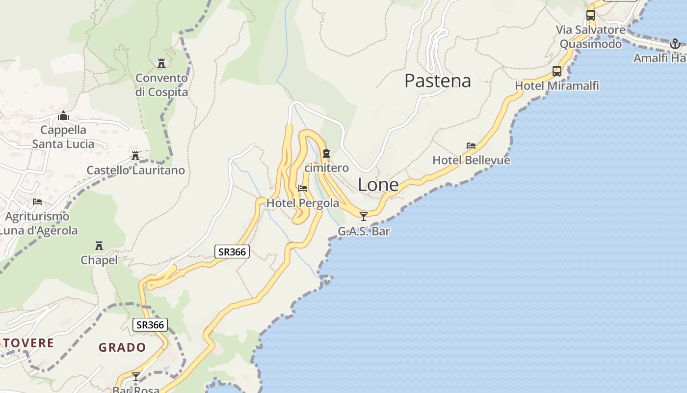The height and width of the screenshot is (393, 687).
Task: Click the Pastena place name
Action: pyautogui.click(x=437, y=81)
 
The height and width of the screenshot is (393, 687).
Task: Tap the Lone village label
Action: pyautogui.click(x=378, y=185)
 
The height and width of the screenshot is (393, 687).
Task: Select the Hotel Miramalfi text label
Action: pyautogui.click(x=556, y=86)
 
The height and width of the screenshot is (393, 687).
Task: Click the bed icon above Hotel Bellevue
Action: pyautogui.click(x=471, y=146)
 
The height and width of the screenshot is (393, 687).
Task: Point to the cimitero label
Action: pyautogui.click(x=326, y=168)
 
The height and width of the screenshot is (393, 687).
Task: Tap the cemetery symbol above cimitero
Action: pyautogui.click(x=326, y=154)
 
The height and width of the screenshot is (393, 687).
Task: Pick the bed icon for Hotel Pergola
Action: pyautogui.click(x=303, y=189)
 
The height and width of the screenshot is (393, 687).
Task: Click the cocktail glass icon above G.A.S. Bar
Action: pyautogui.click(x=363, y=216)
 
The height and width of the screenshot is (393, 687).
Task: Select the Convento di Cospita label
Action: pyautogui.click(x=161, y=85)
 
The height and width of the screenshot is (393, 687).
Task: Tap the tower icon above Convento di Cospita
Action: pyautogui.click(x=161, y=63)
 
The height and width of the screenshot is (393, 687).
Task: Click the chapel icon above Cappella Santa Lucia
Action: pyautogui.click(x=63, y=116)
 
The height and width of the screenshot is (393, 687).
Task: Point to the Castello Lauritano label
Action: pyautogui.click(x=135, y=170)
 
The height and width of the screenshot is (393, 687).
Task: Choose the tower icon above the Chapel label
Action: pyautogui.click(x=99, y=245)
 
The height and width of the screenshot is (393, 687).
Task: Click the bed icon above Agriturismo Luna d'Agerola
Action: pyautogui.click(x=37, y=202)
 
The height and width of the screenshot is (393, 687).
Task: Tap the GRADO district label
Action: pyautogui.click(x=122, y=347)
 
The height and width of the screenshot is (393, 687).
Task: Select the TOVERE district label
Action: pyautogui.click(x=28, y=343)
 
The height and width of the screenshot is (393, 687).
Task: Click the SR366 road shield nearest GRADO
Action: pyautogui.click(x=150, y=325)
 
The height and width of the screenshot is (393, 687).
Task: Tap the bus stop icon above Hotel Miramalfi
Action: pyautogui.click(x=557, y=71)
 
